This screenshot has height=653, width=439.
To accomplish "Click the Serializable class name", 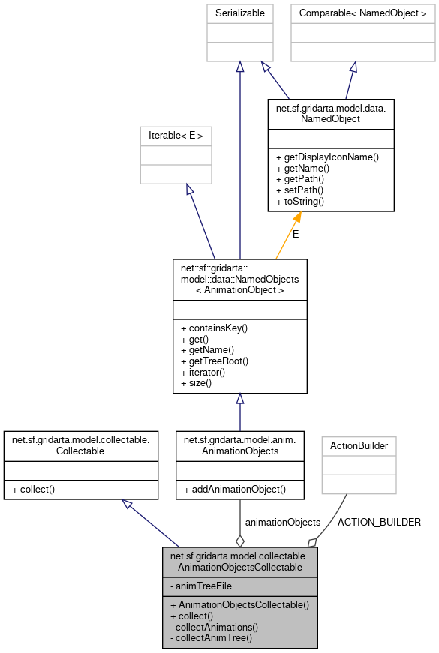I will (239, 13).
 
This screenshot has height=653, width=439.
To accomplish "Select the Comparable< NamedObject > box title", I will (362, 13).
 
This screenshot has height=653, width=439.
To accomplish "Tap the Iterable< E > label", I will (176, 136).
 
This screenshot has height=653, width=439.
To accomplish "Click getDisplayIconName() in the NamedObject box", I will (327, 157).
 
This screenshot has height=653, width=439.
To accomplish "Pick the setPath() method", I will (300, 191).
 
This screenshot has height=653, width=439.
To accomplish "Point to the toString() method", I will (300, 202).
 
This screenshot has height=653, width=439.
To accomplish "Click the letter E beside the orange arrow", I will (296, 235).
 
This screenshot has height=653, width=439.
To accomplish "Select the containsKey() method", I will (214, 328).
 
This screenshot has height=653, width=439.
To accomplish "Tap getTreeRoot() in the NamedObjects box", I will (214, 361).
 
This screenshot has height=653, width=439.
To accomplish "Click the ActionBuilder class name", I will (359, 445).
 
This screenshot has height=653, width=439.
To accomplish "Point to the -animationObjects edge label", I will (281, 522).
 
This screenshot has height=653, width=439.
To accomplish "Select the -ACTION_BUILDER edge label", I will (377, 522).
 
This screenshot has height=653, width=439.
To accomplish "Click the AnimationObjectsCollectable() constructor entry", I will (239, 604).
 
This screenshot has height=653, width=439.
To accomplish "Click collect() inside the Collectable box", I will (35, 489).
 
